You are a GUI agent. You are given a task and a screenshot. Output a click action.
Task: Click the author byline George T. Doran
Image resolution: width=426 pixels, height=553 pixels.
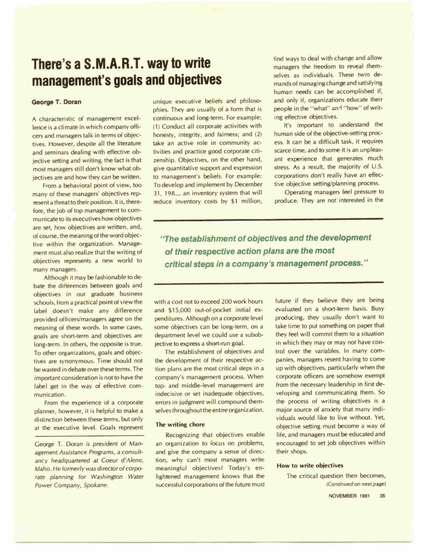coord(56,102)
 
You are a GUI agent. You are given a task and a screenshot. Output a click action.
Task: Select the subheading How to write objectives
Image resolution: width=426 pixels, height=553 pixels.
coord(310,465)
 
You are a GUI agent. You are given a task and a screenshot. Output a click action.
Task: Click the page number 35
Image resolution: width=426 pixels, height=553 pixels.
coord(382,496)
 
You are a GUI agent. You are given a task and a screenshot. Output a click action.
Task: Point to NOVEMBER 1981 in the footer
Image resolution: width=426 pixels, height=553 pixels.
coord(349,496)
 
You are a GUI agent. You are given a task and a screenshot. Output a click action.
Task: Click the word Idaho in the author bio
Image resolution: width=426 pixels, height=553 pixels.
coord(42,469)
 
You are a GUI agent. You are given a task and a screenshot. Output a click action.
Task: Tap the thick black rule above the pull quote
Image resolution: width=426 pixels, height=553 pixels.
coord(268,220)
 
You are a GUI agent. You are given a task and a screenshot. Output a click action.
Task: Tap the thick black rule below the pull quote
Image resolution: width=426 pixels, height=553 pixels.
coord(268,283)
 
